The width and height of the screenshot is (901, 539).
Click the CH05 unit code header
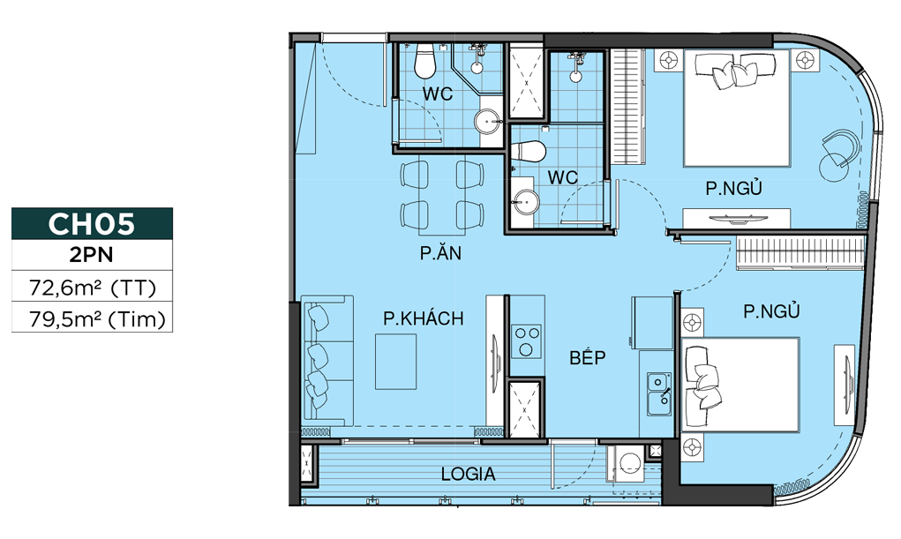[92, 223]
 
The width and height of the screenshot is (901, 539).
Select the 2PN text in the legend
[92, 255]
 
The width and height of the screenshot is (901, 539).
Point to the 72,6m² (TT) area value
[93, 287]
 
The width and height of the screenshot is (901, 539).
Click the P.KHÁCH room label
[424, 318]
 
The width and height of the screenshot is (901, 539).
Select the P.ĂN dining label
[440, 252]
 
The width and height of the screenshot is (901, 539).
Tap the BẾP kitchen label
[587, 357]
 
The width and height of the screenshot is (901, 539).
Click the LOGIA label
[469, 474]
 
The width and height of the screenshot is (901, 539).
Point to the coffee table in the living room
[396, 362]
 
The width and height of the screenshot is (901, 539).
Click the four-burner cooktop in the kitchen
[527, 341]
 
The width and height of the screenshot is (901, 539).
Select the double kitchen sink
[659, 393]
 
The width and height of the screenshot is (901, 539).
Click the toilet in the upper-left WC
[425, 60]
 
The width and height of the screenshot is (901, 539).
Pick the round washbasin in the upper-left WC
[488, 121]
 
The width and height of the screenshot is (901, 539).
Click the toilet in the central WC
[529, 152]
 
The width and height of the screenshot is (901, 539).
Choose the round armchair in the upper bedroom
[837, 155]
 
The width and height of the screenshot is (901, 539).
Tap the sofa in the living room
[327, 361]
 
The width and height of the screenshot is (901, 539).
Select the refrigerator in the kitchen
[652, 322]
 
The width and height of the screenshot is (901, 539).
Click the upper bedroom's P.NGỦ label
[734, 188]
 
